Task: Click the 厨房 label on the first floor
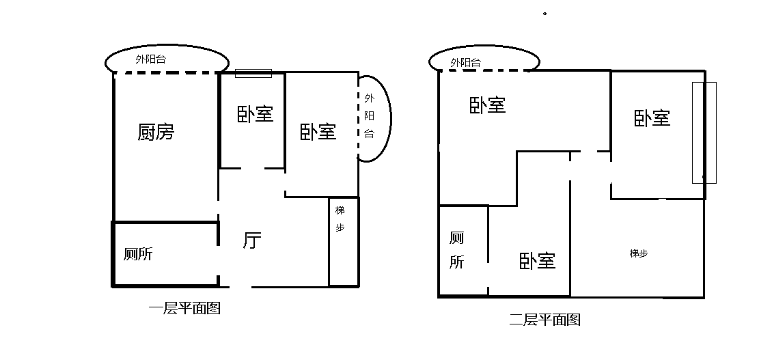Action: (156, 132)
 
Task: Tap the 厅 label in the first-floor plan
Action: (252, 240)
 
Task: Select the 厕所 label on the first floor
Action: (138, 254)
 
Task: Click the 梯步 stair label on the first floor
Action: (340, 219)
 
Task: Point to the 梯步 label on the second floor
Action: (639, 253)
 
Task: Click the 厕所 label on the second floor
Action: (456, 250)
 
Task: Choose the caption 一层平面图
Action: (184, 308)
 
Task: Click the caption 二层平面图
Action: (544, 320)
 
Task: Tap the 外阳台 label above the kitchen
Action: (151, 59)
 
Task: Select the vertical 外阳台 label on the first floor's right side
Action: (369, 115)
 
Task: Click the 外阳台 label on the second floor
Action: (465, 63)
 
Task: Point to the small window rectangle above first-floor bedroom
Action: (253, 73)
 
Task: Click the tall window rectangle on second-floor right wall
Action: (704, 133)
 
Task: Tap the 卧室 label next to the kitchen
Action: (255, 114)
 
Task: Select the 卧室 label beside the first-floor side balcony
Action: (318, 131)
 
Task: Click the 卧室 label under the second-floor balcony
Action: (487, 105)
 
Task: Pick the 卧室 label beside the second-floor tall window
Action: (652, 118)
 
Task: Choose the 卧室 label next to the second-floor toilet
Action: (537, 261)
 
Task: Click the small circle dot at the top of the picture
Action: (544, 14)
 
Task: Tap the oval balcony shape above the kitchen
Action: (167, 45)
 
